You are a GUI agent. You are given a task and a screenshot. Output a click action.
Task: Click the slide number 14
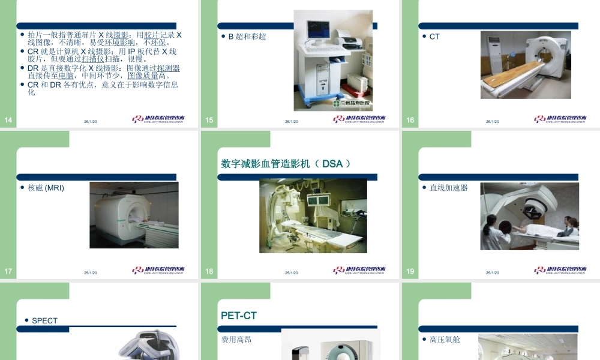8,121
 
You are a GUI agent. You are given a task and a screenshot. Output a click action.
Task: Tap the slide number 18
209,271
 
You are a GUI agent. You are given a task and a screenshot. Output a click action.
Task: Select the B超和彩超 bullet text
247,37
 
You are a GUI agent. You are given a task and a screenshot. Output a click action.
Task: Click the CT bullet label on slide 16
434,37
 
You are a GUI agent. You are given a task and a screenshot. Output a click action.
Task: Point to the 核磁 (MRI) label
46,188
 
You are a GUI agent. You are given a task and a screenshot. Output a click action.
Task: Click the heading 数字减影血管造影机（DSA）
286,164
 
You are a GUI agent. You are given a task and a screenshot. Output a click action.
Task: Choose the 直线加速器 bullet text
448,188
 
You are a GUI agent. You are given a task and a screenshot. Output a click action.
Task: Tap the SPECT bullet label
44,321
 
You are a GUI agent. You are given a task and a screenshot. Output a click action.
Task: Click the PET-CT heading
239,316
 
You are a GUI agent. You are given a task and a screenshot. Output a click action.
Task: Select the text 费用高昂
236,340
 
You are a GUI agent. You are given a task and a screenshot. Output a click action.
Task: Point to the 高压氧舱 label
445,340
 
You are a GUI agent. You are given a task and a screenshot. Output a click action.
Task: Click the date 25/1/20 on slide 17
91,273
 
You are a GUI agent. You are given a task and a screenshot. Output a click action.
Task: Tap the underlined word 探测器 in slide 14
169,68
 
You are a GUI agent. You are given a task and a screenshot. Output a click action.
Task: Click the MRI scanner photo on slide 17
134,215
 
